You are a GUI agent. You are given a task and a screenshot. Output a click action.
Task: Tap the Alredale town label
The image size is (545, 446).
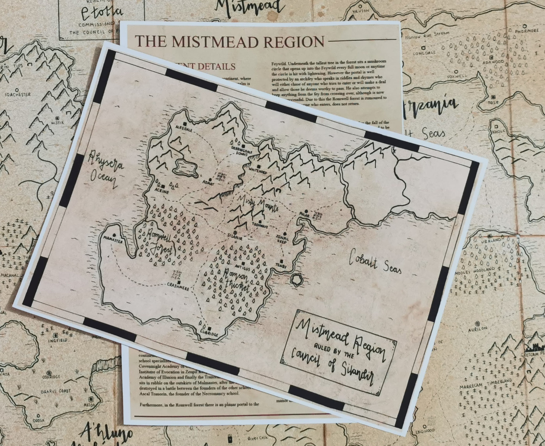coord(184,129)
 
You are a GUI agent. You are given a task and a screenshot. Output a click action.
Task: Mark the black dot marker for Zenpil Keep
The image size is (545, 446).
coord(285,234)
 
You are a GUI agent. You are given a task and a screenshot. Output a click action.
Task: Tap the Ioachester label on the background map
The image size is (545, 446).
coord(18,94)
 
